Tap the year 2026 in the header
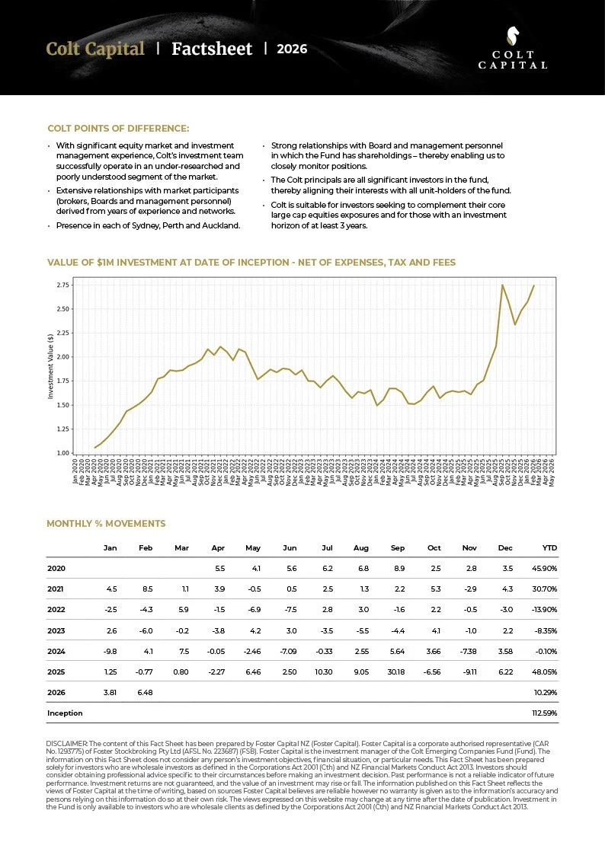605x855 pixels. pyautogui.click(x=292, y=49)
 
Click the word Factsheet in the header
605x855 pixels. pyautogui.click(x=212, y=49)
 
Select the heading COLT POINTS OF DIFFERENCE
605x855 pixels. pyautogui.click(x=118, y=128)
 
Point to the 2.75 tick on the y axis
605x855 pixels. pyautogui.click(x=62, y=285)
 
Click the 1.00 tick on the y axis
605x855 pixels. pyautogui.click(x=62, y=453)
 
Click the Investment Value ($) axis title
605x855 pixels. pyautogui.click(x=51, y=365)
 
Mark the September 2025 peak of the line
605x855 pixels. pyautogui.click(x=502, y=285)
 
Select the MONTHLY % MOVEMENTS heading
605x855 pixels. pyautogui.click(x=106, y=524)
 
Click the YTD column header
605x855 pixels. pyautogui.click(x=549, y=548)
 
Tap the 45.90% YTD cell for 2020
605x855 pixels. pyautogui.click(x=545, y=569)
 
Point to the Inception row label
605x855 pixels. pyautogui.click(x=65, y=713)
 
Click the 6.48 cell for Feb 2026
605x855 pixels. pyautogui.click(x=144, y=693)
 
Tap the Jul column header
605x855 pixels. pyautogui.click(x=327, y=548)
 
